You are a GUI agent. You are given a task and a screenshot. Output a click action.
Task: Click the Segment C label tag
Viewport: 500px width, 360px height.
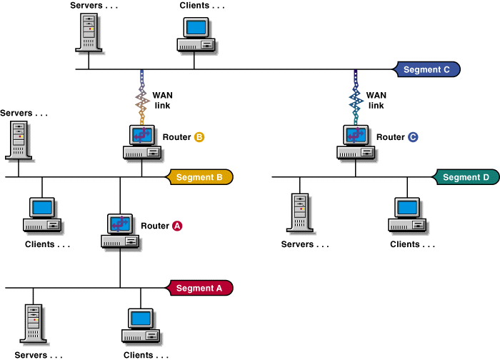(x=427, y=69)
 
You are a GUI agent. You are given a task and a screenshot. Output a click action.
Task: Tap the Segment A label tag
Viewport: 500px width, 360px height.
(x=199, y=288)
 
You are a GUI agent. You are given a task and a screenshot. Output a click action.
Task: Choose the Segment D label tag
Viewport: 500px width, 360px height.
(x=466, y=177)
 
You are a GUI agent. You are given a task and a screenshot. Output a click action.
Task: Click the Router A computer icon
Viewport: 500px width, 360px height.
(x=121, y=231)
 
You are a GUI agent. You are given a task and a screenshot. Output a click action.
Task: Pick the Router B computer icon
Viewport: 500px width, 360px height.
(x=141, y=141)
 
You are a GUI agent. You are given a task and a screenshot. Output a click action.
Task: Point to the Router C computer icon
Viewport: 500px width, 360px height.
(x=356, y=141)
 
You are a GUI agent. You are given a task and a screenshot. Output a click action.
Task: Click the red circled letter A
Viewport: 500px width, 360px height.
(x=178, y=226)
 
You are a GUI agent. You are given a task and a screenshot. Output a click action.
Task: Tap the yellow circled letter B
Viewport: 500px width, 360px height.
(x=199, y=136)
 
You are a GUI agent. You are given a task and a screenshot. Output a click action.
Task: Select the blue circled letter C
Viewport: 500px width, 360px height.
(x=413, y=136)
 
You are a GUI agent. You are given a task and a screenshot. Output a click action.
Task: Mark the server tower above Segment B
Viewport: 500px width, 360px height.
(x=18, y=139)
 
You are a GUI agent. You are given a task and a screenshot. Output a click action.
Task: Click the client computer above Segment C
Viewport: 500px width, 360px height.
(x=196, y=34)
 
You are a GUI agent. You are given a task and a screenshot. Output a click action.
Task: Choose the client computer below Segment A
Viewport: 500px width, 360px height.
(x=141, y=325)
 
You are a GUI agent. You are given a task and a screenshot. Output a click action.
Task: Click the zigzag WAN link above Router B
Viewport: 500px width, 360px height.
(x=141, y=98)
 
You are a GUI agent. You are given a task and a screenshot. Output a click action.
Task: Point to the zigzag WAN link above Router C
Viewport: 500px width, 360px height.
(x=356, y=98)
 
